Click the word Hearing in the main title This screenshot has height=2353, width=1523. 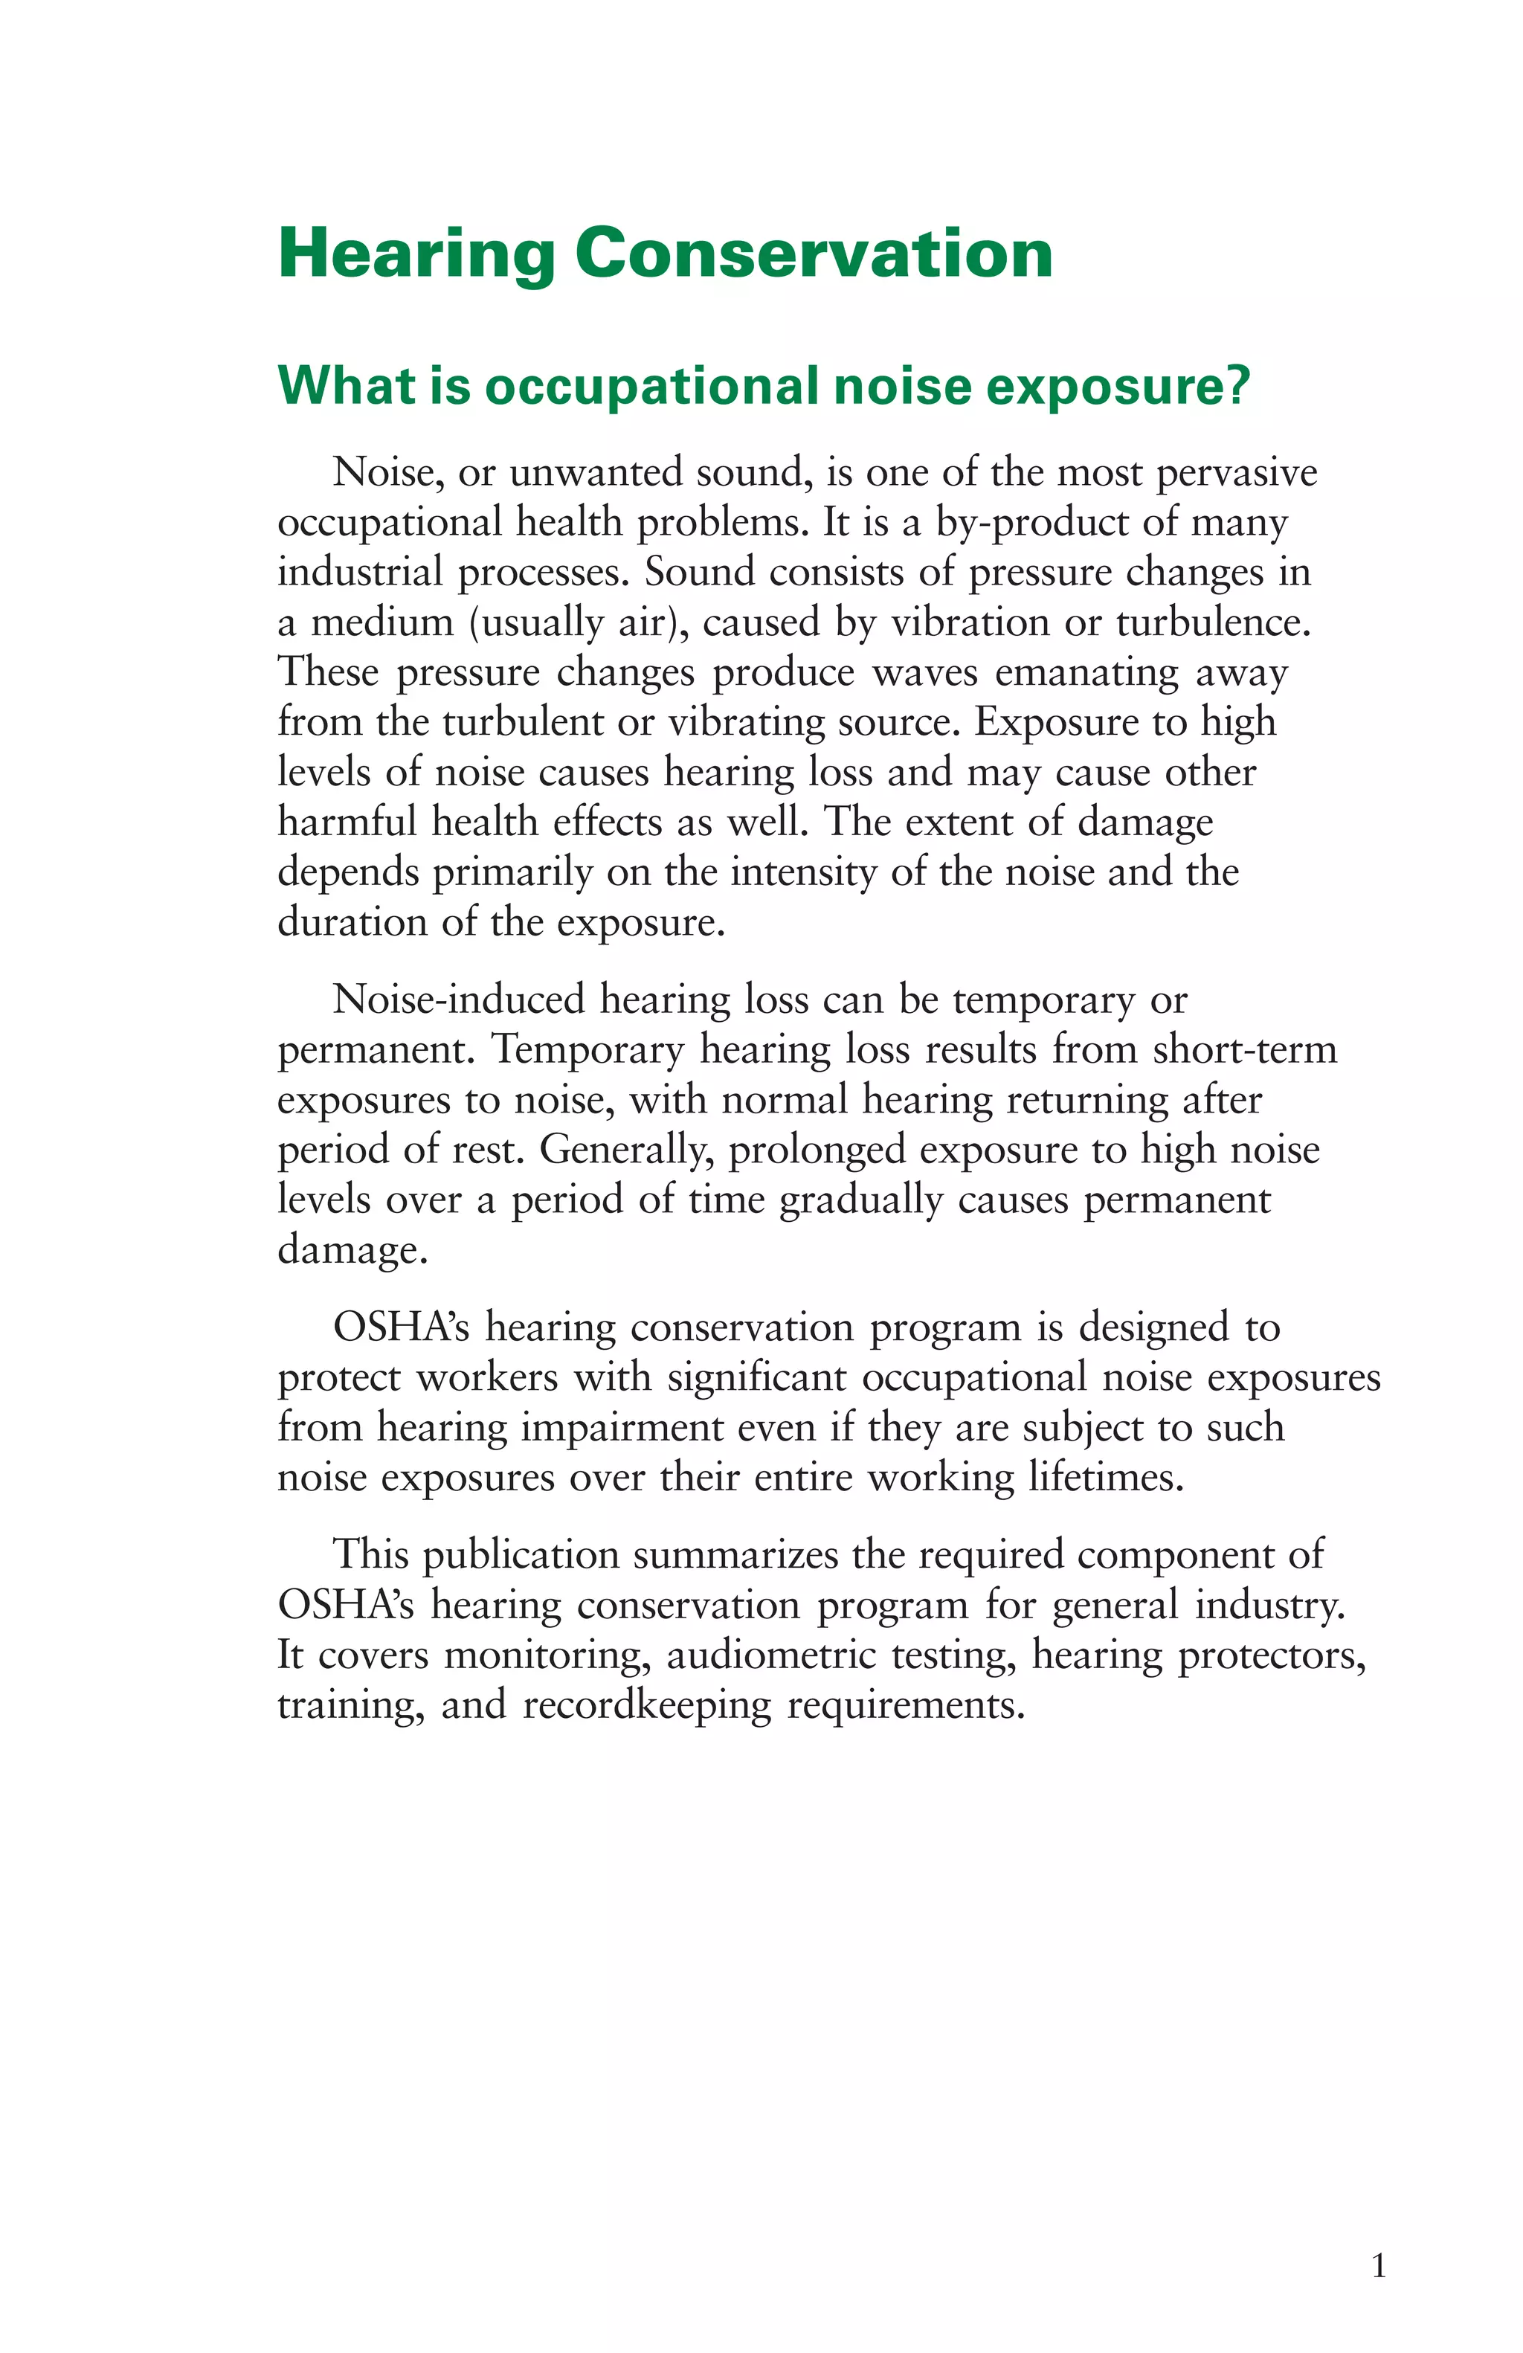[x=415, y=254]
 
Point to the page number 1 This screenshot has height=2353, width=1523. [x=1379, y=2265]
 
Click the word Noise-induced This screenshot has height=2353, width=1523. [x=459, y=1000]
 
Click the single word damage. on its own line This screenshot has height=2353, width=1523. [x=352, y=1251]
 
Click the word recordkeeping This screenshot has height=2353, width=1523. [x=646, y=1705]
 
